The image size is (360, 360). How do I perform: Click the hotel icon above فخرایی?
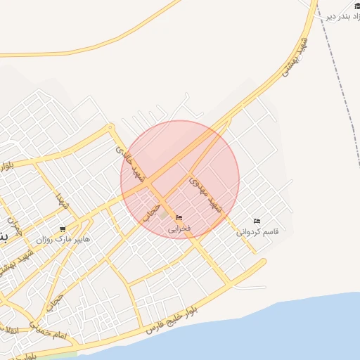click(179, 218)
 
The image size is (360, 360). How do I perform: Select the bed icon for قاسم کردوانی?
click(256, 221)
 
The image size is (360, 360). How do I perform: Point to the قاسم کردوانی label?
click(257, 231)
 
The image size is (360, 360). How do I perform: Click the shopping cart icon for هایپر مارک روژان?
click(63, 229)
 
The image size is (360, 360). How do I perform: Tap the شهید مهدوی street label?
click(205, 194)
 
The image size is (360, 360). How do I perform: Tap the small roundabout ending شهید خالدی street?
click(110, 127)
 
